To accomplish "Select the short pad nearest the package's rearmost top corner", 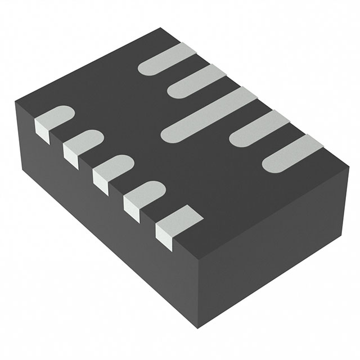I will pyautogui.click(x=165, y=60).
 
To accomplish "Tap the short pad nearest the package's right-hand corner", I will pyautogui.click(x=292, y=153).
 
